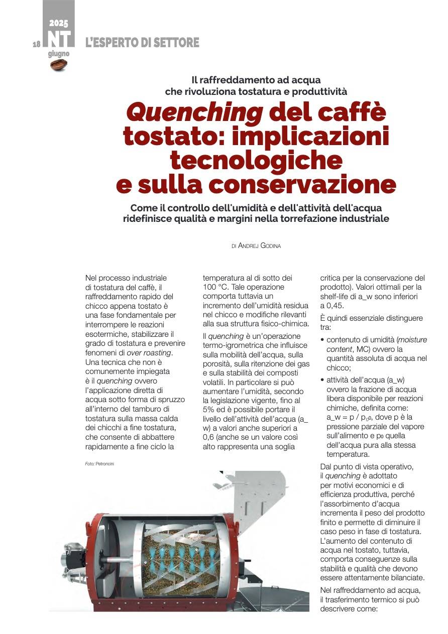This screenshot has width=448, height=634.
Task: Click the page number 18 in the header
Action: [36, 44]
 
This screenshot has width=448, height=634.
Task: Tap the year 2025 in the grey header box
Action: [59, 23]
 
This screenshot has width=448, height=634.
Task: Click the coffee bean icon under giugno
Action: [59, 65]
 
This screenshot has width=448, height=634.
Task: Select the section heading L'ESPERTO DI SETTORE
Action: [142, 43]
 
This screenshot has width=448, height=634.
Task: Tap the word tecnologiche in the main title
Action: [256, 160]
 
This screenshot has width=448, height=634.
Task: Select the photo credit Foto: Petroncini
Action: [100, 463]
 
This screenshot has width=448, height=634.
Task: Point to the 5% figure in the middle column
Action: [207, 410]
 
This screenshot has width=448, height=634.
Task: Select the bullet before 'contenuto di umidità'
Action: [322, 340]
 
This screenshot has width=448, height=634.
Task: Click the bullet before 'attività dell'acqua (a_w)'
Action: [322, 381]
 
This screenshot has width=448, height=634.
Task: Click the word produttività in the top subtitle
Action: [314, 91]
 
